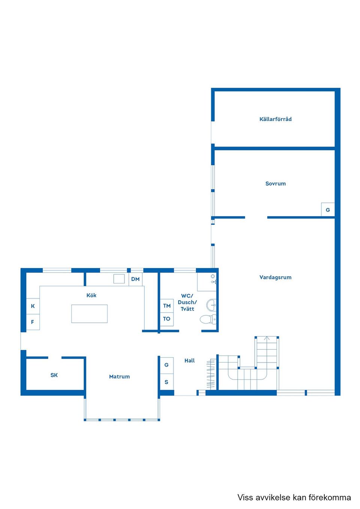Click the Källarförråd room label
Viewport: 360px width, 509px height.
275,119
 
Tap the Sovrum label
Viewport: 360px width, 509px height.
275,184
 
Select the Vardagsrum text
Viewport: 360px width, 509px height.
275,277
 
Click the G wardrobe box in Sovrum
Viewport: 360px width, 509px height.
328,210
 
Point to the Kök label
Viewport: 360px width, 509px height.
91,295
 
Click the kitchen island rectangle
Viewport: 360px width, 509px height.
89,314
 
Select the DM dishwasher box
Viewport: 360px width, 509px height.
135,279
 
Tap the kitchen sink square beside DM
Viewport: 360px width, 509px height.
119,279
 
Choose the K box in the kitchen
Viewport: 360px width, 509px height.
33,306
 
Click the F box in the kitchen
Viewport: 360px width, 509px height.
33,322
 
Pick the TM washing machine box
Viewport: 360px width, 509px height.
167,306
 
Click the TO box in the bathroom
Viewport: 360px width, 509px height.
167,319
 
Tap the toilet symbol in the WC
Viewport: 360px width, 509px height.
208,319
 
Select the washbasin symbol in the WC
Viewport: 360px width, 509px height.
212,305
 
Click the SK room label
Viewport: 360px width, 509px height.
54,375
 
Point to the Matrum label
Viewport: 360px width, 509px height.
119,377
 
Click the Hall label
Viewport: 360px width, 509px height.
189,361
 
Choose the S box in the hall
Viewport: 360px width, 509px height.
166,382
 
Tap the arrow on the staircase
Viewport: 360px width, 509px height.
267,338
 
